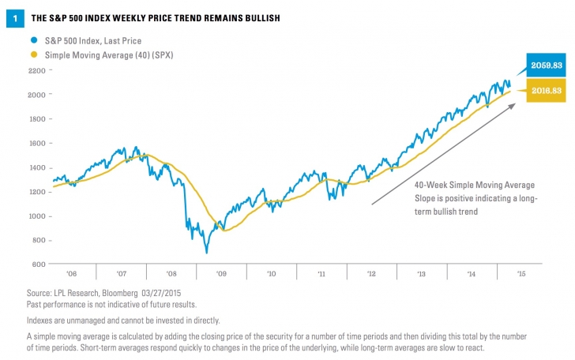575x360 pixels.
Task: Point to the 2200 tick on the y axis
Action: [x=37, y=70]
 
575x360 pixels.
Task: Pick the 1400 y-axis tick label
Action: [x=37, y=167]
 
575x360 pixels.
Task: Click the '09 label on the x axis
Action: [x=221, y=275]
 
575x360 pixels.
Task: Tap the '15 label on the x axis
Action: [x=519, y=275]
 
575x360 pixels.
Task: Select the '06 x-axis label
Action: [x=72, y=275]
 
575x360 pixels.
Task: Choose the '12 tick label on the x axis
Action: [x=370, y=275]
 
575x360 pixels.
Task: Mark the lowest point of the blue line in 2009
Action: [x=207, y=253]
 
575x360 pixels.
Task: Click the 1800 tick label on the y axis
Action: [x=37, y=119]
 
